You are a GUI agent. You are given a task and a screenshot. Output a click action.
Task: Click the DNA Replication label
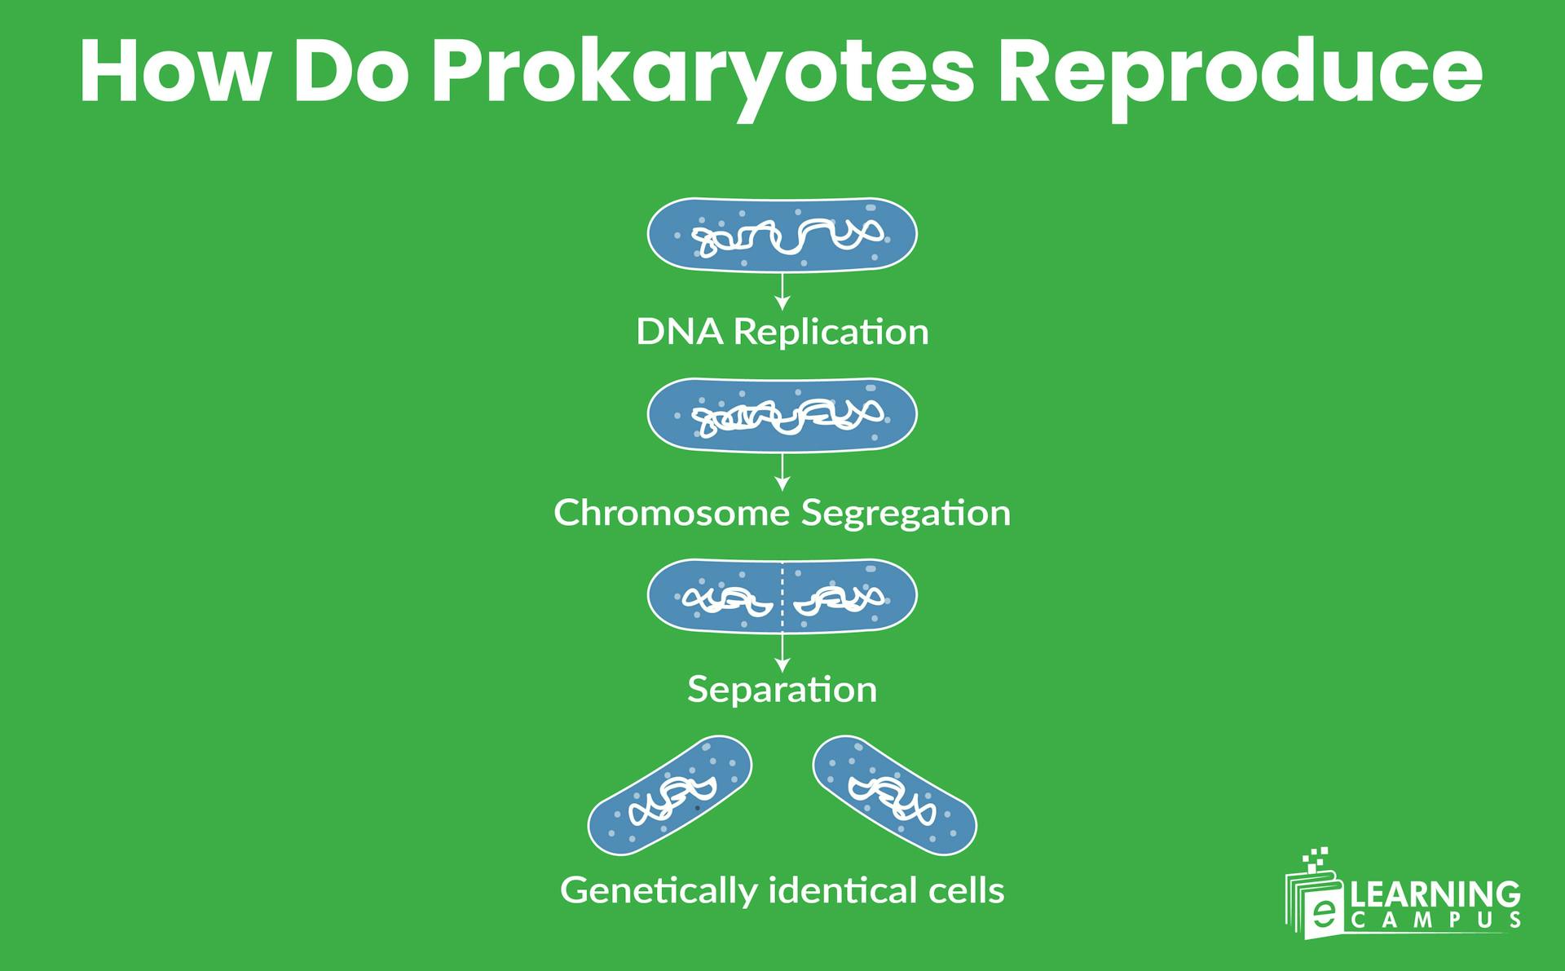click(x=782, y=332)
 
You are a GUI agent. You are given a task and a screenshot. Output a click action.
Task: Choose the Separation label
click(x=782, y=690)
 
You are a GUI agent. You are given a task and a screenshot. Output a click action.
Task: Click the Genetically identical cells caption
click(x=782, y=889)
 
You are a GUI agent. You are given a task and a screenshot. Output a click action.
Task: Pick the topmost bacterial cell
click(x=782, y=235)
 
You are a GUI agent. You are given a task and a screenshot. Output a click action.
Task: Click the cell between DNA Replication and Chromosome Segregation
click(x=782, y=415)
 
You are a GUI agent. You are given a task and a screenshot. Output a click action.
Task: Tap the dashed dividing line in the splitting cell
click(x=782, y=595)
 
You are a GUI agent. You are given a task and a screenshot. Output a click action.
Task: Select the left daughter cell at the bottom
click(x=669, y=795)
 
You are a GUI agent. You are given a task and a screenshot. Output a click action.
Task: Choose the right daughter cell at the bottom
click(x=894, y=795)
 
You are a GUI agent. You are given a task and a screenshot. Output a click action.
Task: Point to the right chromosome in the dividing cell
click(x=840, y=599)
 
